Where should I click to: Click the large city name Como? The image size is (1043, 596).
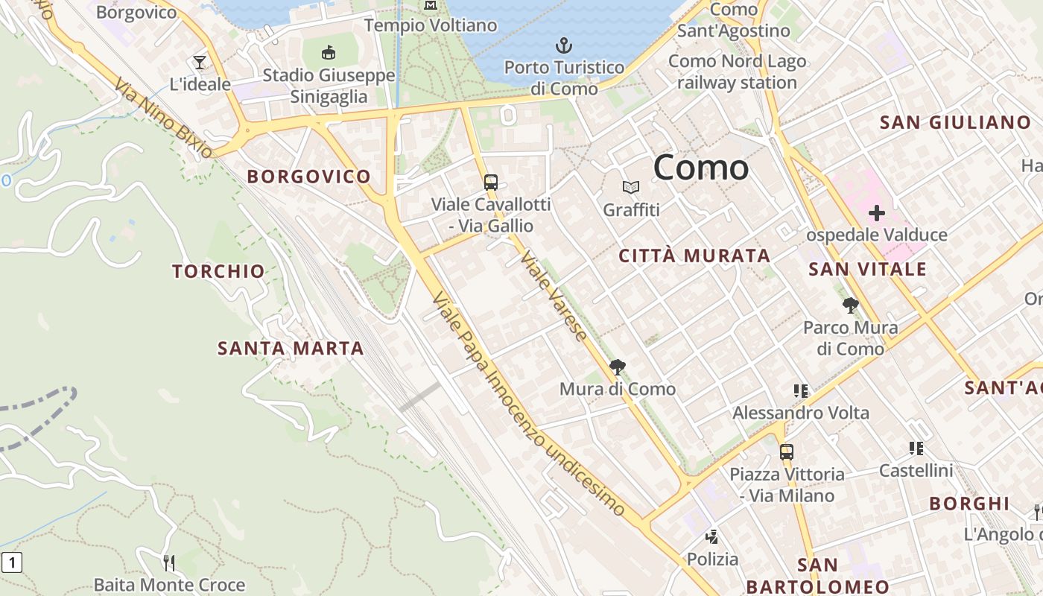tap(701, 168)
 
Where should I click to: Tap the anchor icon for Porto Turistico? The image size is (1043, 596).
tap(564, 46)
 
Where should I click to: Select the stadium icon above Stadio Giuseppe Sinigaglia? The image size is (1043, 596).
tap(328, 52)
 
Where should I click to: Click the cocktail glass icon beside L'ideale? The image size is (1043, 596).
tap(200, 62)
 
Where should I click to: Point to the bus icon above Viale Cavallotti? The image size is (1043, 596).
tap(490, 182)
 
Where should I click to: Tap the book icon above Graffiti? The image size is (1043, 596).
tap(631, 188)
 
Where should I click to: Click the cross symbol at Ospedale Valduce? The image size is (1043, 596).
tap(876, 214)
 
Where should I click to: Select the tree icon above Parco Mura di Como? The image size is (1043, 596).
tap(850, 305)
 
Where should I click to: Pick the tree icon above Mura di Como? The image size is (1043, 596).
tap(617, 367)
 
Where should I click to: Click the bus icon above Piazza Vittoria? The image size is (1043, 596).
tap(786, 451)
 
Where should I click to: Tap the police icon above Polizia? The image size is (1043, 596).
tap(712, 536)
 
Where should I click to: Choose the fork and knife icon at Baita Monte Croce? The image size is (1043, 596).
tap(169, 562)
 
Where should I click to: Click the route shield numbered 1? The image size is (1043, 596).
tap(11, 562)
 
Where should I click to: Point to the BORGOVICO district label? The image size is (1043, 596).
tap(308, 177)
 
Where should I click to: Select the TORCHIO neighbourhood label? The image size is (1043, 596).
tap(218, 271)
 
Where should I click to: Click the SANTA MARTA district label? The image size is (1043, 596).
tap(291, 348)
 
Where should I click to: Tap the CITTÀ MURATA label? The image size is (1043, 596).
tap(694, 256)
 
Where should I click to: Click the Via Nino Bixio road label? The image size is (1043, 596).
tap(163, 118)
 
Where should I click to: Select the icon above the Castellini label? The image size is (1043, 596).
tap(916, 448)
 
